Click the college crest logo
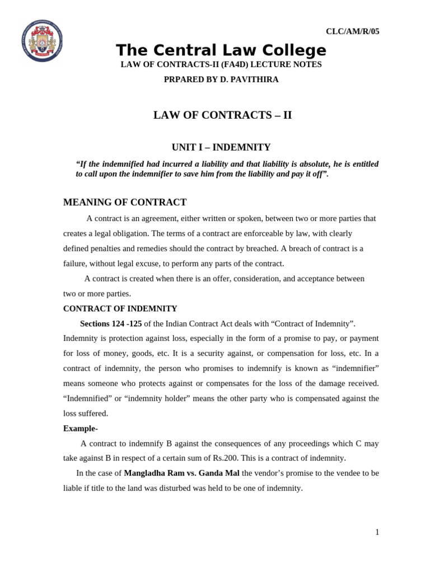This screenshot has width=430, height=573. (42, 41)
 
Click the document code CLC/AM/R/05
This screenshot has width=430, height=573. (352, 31)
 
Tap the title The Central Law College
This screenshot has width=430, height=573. (221, 50)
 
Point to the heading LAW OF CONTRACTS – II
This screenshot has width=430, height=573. (222, 115)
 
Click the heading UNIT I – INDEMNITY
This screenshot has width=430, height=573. (221, 147)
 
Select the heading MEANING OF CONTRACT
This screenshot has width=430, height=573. (125, 202)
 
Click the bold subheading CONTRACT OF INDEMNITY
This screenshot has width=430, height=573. (120, 308)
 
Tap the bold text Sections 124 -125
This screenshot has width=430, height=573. (111, 323)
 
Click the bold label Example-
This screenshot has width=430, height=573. (80, 428)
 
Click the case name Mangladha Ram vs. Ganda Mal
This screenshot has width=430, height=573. (181, 473)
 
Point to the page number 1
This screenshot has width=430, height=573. (377, 532)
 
